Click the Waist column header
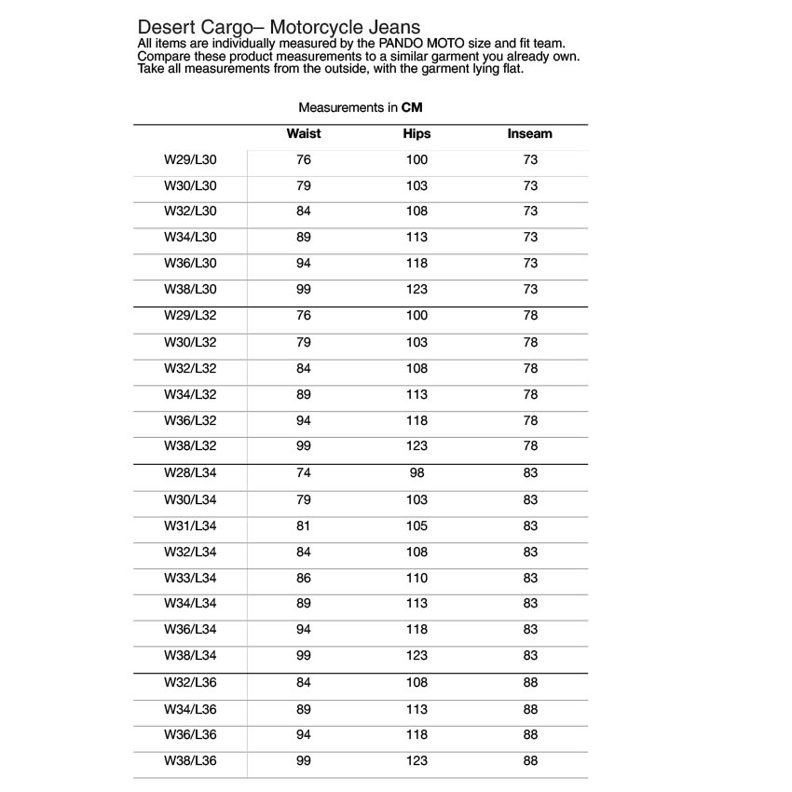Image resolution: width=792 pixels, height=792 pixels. click(x=304, y=134)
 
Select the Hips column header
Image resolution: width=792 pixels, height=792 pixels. click(x=416, y=134)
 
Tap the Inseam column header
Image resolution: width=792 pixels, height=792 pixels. click(x=529, y=134)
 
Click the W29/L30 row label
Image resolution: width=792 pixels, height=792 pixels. click(x=190, y=160)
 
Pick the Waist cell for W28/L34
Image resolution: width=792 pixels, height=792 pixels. click(x=304, y=473)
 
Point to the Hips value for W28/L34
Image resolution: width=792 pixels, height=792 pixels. click(x=416, y=473)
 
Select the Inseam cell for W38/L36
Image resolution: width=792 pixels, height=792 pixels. click(x=530, y=761)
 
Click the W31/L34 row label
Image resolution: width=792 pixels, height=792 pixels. click(x=190, y=526)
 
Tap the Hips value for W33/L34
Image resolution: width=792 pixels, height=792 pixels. click(x=416, y=579)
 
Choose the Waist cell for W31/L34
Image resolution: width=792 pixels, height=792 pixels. click(x=304, y=526)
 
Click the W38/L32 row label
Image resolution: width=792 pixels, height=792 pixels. click(x=190, y=446)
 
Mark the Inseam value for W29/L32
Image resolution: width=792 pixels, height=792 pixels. click(x=530, y=316)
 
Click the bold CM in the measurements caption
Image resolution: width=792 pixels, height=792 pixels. click(x=412, y=108)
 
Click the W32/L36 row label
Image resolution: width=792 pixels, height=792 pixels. click(x=190, y=683)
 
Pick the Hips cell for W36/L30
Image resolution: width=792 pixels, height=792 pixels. click(x=416, y=264)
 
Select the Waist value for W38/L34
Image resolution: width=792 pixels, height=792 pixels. click(x=304, y=656)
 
